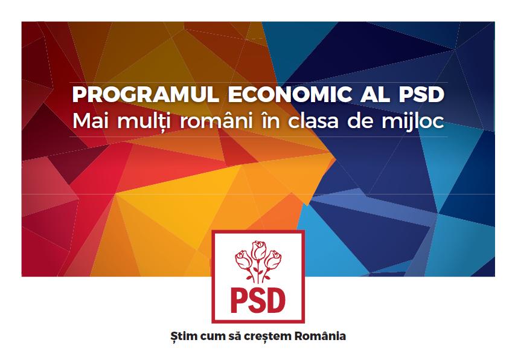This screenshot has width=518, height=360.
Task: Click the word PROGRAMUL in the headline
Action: tap(145, 95)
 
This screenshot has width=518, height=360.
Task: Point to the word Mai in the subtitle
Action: tap(92, 121)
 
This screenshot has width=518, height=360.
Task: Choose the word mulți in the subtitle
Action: tap(144, 121)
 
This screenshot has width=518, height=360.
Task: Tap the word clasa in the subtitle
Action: tap(313, 121)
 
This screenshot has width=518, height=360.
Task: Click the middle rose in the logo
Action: tap(258, 250)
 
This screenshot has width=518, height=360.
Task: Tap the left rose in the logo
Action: tap(243, 260)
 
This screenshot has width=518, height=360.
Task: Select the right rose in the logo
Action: tap(273, 260)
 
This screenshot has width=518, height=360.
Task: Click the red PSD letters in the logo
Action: tap(258, 300)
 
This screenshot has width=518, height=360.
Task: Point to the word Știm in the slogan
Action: tap(181, 336)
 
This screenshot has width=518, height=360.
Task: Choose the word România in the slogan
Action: tap(320, 336)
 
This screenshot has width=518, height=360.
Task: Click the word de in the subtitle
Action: tap(360, 121)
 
